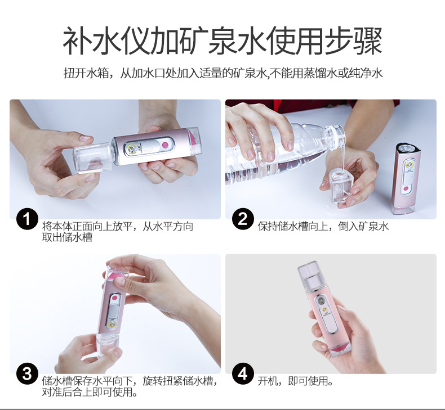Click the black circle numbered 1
coord(27,219)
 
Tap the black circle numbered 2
coord(243,219)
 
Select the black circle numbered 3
coord(27,373)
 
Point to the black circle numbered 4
coord(243,373)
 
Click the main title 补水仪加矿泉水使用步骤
coord(222,41)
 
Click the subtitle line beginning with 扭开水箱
coord(223,73)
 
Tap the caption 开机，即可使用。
coord(295,381)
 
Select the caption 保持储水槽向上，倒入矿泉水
coord(323,226)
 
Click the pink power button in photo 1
coord(164,145)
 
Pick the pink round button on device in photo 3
coord(115,298)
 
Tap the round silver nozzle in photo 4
coord(322,301)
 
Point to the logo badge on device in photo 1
coord(132,148)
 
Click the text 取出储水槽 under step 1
coord(67,237)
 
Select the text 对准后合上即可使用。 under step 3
coord(90,391)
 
